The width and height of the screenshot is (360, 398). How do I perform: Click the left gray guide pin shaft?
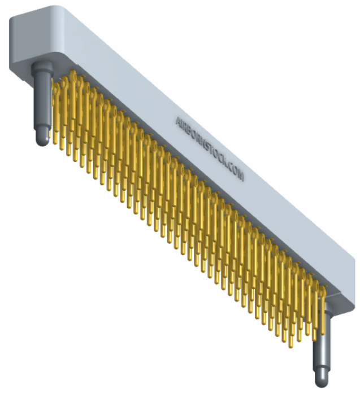click(42, 98)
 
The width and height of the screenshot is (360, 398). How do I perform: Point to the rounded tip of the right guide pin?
click(322, 383)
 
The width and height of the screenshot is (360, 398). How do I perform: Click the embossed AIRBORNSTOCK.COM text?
click(210, 149)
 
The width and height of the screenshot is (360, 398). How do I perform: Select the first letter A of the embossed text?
click(179, 121)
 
